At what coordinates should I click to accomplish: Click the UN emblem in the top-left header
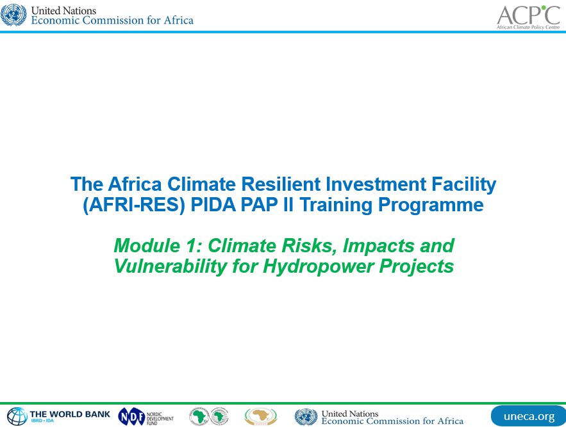[13, 15]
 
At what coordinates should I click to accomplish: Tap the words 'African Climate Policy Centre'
[528, 28]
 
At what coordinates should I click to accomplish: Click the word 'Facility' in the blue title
[462, 184]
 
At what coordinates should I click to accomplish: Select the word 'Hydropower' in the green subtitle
[315, 266]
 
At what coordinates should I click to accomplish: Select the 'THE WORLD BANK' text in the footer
[69, 414]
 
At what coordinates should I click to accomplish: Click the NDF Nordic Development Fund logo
[146, 417]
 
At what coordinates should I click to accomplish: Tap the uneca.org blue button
[528, 416]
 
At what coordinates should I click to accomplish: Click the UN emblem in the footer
[306, 417]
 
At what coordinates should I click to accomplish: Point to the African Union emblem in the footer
[260, 417]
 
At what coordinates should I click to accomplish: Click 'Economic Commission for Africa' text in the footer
[392, 421]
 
